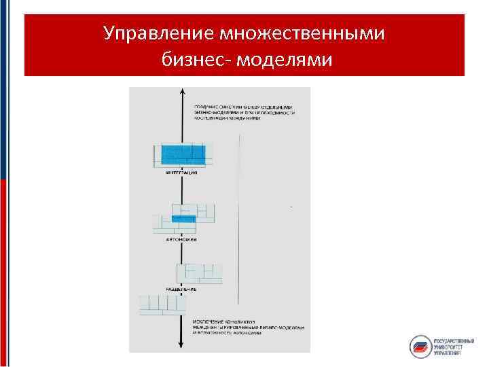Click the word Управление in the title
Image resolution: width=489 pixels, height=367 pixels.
point(151,33)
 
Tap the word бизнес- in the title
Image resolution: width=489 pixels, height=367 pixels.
point(194,60)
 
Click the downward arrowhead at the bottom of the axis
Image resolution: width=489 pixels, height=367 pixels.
point(182,346)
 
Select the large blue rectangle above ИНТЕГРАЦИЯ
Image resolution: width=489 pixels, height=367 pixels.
point(183,153)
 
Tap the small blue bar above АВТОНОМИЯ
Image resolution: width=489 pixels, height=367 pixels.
point(183,218)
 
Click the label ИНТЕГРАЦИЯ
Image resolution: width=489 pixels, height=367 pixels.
point(181,173)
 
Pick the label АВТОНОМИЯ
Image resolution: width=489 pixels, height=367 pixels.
point(181,239)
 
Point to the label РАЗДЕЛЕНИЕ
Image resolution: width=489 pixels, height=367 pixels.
point(181,289)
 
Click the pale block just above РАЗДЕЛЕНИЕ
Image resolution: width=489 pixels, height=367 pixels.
point(200,273)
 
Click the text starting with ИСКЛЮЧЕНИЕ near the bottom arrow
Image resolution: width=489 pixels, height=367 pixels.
point(247,326)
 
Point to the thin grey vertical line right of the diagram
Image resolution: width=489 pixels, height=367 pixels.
point(240,217)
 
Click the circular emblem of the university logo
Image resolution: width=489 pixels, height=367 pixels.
point(420,347)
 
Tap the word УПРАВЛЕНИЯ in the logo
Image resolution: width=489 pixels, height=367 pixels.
point(448,353)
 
